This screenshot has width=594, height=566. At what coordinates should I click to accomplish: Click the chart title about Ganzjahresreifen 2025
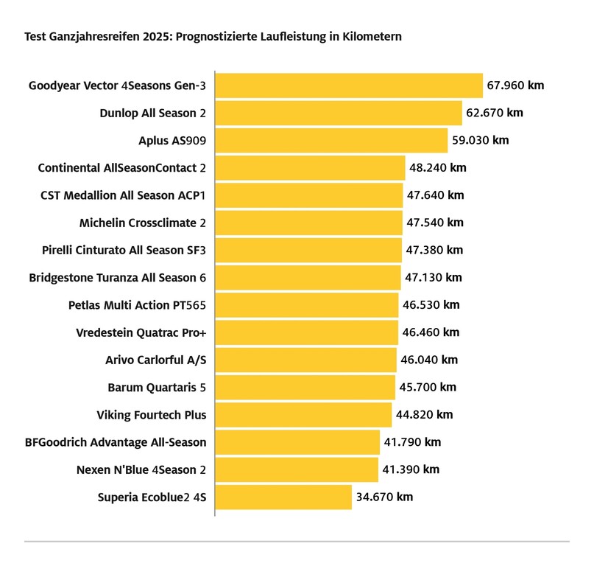pos(213,36)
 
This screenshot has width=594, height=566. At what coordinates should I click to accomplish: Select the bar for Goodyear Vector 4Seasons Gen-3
pos(348,85)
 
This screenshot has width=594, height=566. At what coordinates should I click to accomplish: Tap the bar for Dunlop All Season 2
pos(339,113)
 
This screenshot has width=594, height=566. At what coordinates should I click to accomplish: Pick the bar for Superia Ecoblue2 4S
pos(283,497)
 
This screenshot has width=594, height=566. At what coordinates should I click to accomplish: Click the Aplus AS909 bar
pos(331,140)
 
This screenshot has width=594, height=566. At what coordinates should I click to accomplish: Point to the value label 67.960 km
pos(515,85)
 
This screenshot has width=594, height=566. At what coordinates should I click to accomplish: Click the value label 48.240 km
pos(437,168)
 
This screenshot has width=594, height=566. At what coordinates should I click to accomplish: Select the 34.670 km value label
pos(384,497)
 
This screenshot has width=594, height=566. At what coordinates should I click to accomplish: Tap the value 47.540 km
pos(435,223)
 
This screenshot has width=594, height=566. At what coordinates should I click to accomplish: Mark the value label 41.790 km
pos(412,443)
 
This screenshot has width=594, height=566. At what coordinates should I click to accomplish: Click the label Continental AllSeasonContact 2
pos(121,168)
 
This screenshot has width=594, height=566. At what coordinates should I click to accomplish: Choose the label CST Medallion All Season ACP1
pos(123,195)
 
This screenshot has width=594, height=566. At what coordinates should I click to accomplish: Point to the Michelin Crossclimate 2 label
pos(142,223)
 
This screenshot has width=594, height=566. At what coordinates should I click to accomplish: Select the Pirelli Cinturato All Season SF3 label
pos(124,251)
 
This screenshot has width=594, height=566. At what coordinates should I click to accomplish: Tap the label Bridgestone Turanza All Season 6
pos(117,278)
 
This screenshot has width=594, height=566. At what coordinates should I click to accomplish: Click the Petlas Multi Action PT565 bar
pos(307,305)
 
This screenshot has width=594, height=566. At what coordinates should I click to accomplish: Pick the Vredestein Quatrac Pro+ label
pos(141,332)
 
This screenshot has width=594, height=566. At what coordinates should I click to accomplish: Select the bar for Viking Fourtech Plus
pos(303,415)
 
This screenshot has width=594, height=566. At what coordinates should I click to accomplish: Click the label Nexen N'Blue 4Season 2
pos(141,470)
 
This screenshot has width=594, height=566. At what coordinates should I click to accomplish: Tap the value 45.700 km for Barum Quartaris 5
pos(428,388)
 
